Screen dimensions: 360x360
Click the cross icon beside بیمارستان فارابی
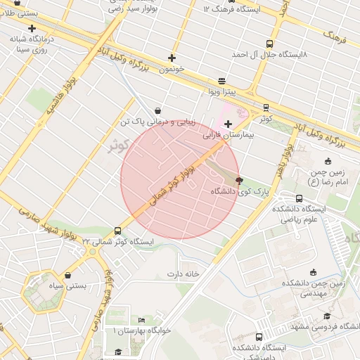(x=228, y=124)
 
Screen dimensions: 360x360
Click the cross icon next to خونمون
(x=172, y=58)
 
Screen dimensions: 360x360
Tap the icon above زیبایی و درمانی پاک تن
(x=156, y=110)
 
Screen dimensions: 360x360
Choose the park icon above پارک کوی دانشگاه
(x=240, y=179)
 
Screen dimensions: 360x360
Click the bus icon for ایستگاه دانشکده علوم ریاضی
(x=300, y=198)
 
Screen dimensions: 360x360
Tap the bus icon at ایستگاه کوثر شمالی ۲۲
(x=117, y=231)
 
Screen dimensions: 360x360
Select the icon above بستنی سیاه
(x=67, y=276)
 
